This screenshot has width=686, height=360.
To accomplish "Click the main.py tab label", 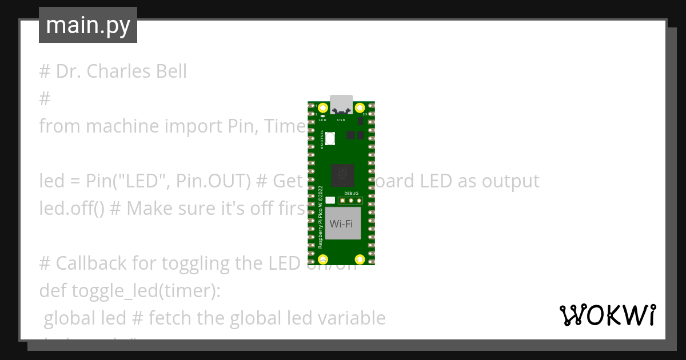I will pyautogui.click(x=88, y=25).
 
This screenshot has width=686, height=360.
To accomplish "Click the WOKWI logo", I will pyautogui.click(x=607, y=315).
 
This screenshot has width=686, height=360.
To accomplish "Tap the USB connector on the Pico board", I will pyautogui.click(x=341, y=103).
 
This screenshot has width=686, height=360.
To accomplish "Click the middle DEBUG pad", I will pyautogui.click(x=349, y=200).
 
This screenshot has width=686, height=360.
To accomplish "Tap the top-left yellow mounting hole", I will pyautogui.click(x=323, y=107).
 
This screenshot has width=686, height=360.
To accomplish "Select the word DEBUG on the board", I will pyautogui.click(x=351, y=194).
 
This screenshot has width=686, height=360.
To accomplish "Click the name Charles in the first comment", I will pyautogui.click(x=118, y=71).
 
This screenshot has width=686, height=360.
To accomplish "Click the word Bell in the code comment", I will pyautogui.click(x=171, y=71).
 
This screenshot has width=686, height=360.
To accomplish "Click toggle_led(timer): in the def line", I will pyautogui.click(x=146, y=291).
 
